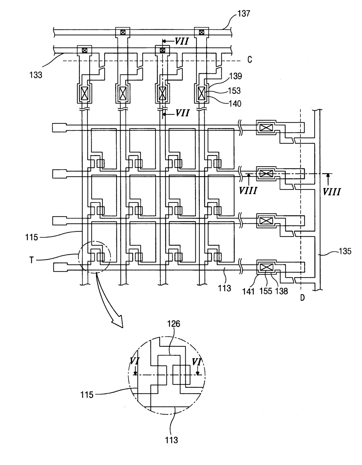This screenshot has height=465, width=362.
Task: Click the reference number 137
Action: (243, 13)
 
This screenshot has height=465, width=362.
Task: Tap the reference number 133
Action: (36, 75)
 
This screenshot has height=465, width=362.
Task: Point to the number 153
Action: (234, 91)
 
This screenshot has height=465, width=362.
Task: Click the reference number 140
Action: (235, 104)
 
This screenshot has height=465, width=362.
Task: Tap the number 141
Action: (248, 291)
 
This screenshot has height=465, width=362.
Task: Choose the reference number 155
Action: (266, 291)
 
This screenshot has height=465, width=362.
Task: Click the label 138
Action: (282, 291)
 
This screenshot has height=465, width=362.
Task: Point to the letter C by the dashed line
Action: (250, 60)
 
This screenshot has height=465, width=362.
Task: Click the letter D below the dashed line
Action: (302, 298)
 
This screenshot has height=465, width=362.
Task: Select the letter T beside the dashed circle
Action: (32, 260)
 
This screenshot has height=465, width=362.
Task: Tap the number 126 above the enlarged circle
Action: (174, 324)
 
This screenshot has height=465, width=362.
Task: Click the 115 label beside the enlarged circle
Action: (87, 395)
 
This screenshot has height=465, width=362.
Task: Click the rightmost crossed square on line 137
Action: (201, 32)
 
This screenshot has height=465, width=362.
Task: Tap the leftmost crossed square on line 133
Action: (85, 51)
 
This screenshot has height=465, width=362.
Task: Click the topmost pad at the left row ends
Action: (59, 128)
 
